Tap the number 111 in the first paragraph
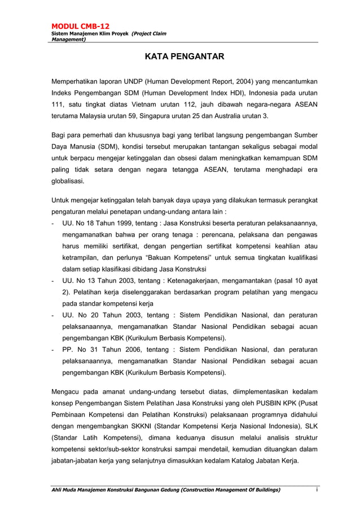point(58,104)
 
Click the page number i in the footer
point(317,490)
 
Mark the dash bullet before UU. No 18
point(52,223)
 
